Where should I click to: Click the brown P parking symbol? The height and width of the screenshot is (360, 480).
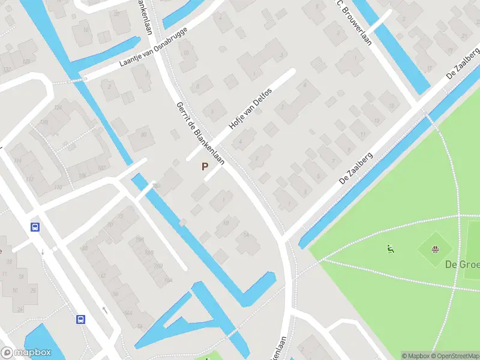click(205, 167)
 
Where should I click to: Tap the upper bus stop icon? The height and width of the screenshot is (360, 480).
click(35, 227)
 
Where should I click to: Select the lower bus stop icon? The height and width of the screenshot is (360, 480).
click(80, 320)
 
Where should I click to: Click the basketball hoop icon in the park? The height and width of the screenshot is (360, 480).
click(436, 249)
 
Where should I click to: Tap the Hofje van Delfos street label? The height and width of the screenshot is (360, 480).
click(250, 109)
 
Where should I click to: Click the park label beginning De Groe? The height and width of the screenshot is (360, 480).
click(462, 265)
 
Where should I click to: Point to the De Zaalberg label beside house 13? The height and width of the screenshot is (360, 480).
click(356, 169)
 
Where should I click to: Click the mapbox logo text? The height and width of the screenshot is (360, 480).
click(30, 353)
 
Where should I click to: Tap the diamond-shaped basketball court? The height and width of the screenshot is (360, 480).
click(436, 250)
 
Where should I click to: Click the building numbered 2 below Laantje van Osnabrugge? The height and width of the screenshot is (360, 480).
click(110, 86)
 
